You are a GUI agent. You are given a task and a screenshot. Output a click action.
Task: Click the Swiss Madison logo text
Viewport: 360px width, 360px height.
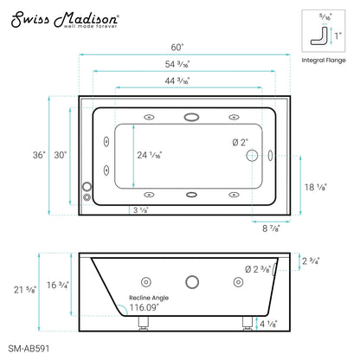60,18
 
